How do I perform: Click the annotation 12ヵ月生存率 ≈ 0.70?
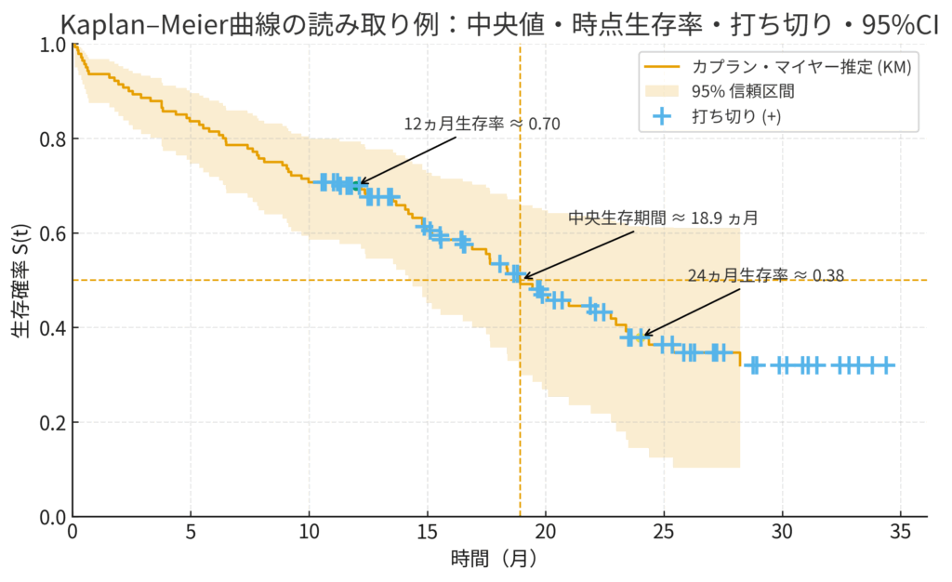pos(482,124)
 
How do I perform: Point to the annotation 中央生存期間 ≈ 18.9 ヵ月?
pos(663,218)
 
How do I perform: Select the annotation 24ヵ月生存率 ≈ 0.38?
pos(766,275)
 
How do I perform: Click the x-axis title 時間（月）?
pos(494,559)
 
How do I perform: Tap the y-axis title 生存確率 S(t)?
pos(20,279)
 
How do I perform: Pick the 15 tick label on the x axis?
pos(427,535)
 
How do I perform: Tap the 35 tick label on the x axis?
pos(900,535)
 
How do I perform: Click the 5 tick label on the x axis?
pos(191,535)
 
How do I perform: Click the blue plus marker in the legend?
pos(661,116)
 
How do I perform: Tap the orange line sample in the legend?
pos(661,67)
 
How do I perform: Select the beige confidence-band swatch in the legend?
pos(661,91)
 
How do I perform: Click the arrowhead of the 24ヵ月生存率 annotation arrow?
pos(644,336)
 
